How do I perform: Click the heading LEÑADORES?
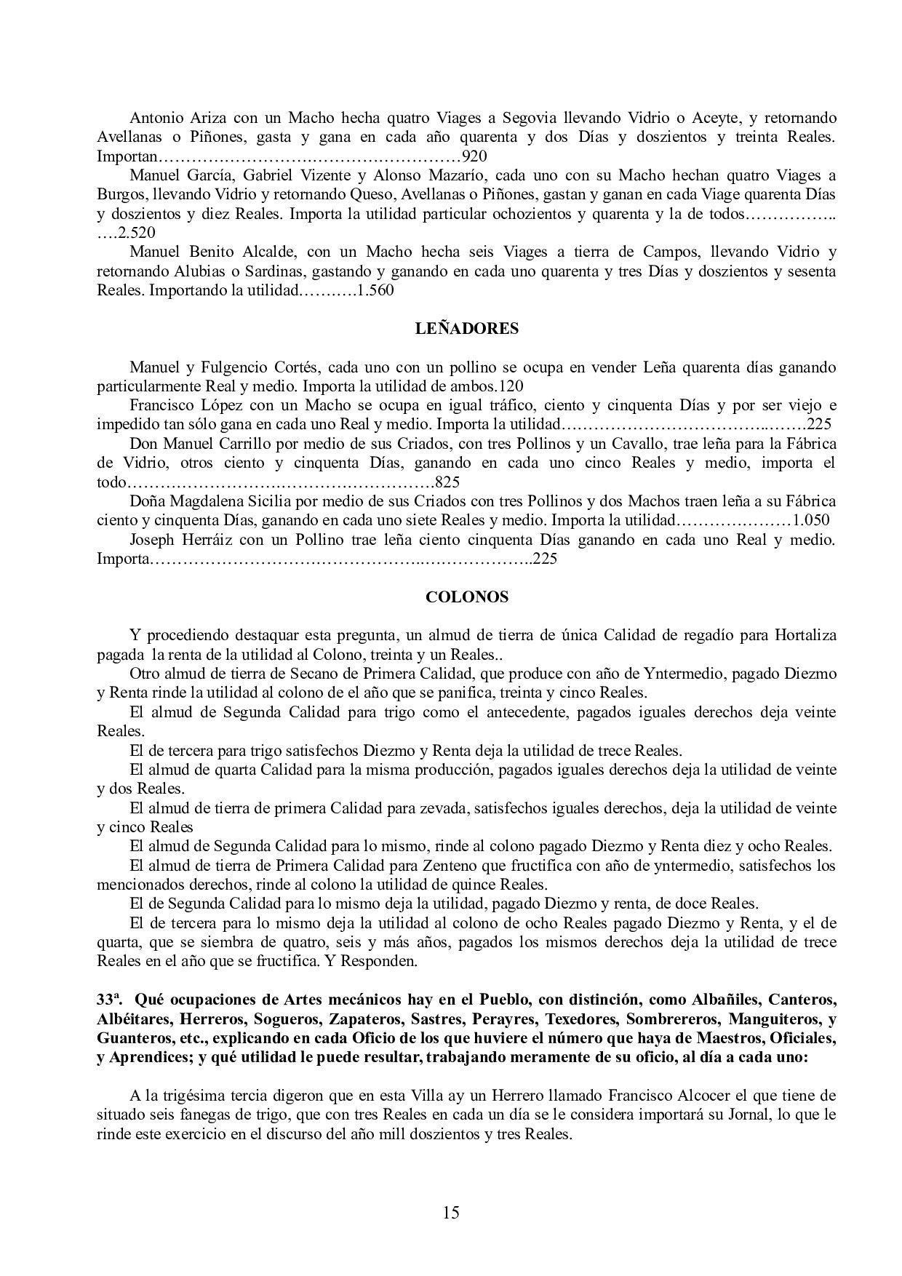pyautogui.click(x=466, y=328)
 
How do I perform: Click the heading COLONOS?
pyautogui.click(x=466, y=597)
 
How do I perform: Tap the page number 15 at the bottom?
pyautogui.click(x=450, y=1212)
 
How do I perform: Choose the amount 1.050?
pyautogui.click(x=811, y=520)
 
